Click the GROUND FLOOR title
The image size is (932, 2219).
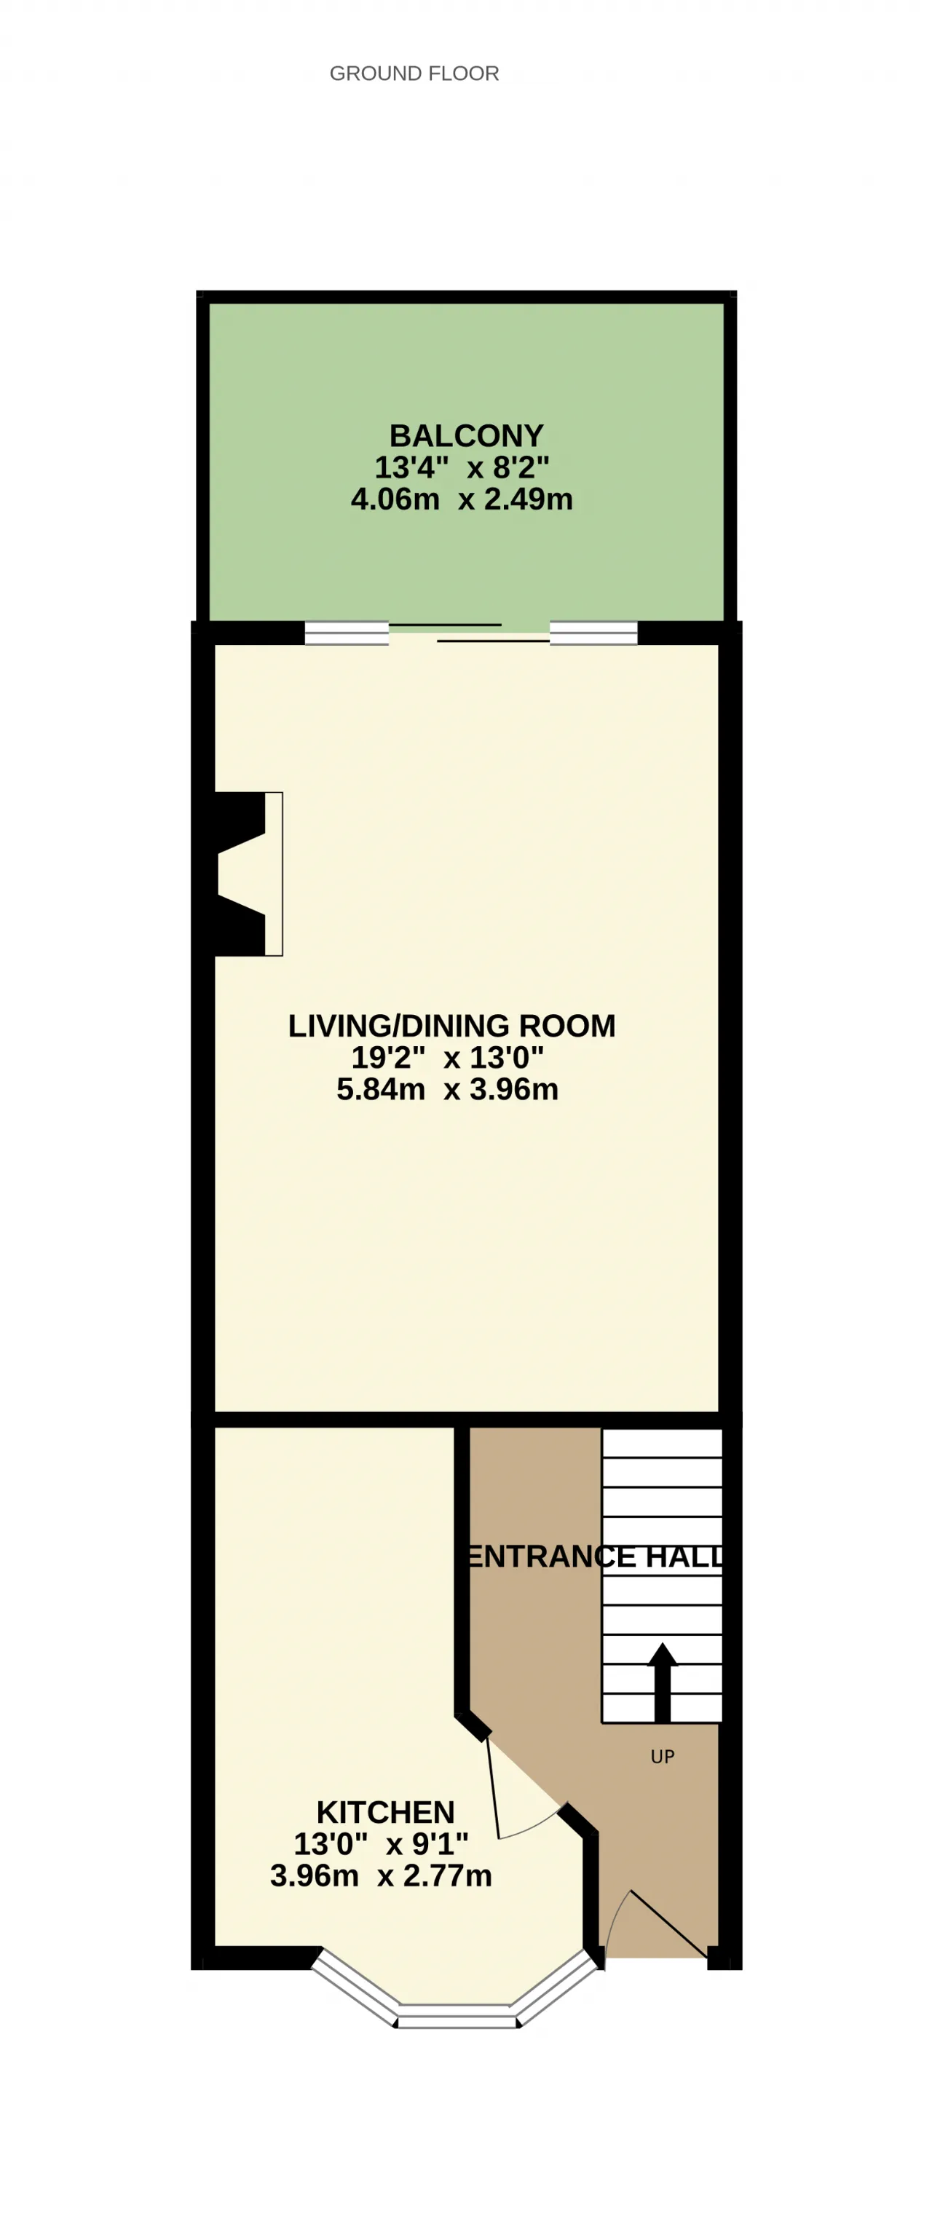[x=414, y=74]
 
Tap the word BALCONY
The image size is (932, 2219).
[x=466, y=435]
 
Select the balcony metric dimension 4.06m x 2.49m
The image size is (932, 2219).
[x=462, y=499]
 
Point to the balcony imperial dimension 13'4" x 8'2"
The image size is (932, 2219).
[x=462, y=467]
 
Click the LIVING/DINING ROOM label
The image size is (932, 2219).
[x=451, y=1025]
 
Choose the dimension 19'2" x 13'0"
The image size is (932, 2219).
[x=448, y=1057]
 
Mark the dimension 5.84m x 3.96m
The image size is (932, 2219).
[x=448, y=1089]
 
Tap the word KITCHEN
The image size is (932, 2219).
[x=385, y=1813]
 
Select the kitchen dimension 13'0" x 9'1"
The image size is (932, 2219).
[x=381, y=1844]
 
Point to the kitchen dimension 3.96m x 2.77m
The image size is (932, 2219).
[x=381, y=1876]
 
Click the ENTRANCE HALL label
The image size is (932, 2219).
[x=595, y=1557]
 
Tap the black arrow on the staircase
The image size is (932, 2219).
[x=663, y=1682]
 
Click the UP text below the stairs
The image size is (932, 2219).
[x=663, y=1757]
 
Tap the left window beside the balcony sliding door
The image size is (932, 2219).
[x=347, y=633]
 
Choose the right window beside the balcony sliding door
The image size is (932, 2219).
[x=593, y=633]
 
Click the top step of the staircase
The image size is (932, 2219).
[x=662, y=1444]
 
